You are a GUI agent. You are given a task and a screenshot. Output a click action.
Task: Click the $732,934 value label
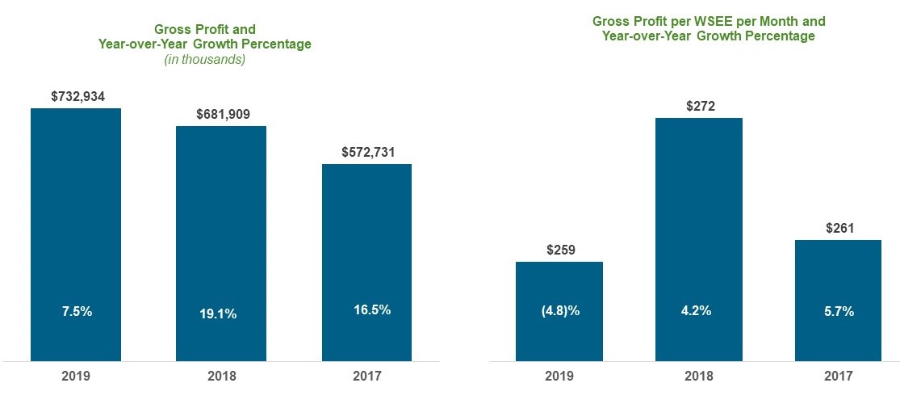pyautogui.click(x=77, y=96)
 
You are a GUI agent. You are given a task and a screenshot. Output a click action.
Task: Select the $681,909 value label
pyautogui.click(x=223, y=114)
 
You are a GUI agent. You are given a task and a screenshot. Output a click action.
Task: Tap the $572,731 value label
pyautogui.click(x=368, y=151)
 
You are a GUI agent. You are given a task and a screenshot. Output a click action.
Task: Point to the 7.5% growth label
pyautogui.click(x=77, y=311)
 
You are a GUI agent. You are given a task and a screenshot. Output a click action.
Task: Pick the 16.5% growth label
pyautogui.click(x=371, y=309)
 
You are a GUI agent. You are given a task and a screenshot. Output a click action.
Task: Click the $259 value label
pyautogui.click(x=559, y=250)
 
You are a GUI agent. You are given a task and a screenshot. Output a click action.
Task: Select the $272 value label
pyautogui.click(x=700, y=106)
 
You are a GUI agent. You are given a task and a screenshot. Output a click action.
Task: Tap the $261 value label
pyautogui.click(x=839, y=229)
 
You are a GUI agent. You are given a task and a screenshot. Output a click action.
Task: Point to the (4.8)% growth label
pyautogui.click(x=559, y=311)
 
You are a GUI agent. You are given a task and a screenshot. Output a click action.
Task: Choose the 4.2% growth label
pyautogui.click(x=695, y=311)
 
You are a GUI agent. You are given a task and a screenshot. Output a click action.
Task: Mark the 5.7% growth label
pyautogui.click(x=838, y=311)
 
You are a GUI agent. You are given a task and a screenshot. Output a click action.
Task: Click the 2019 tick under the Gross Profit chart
pyautogui.click(x=75, y=376)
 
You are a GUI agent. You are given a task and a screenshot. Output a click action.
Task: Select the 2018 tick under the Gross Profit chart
pyautogui.click(x=221, y=376)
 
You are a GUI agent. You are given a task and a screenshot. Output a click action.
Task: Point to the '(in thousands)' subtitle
pyautogui.click(x=204, y=59)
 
